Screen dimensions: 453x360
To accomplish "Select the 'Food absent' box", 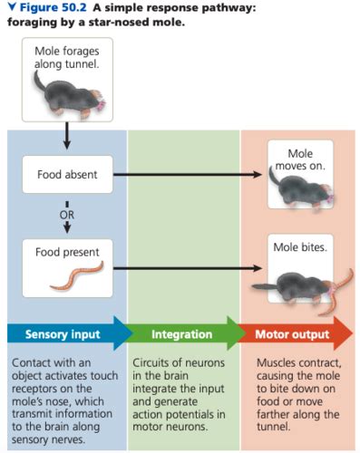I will [x=67, y=174].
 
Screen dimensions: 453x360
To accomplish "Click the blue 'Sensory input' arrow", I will [x=67, y=334].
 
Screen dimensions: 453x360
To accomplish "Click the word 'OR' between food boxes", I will [x=67, y=215].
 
